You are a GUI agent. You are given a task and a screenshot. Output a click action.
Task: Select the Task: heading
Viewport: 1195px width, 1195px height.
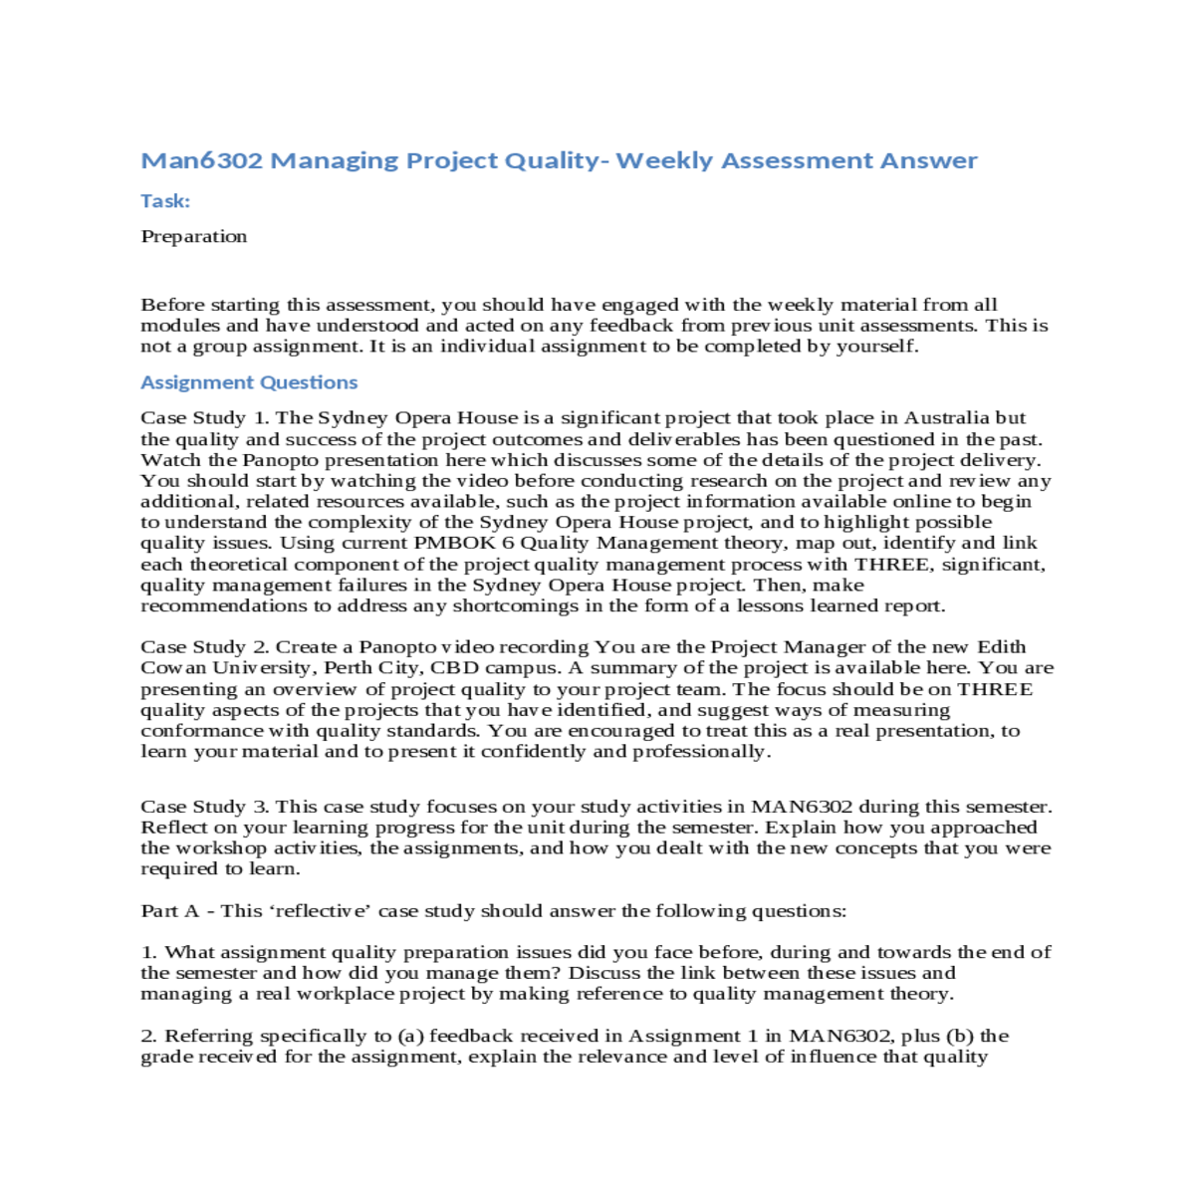point(165,201)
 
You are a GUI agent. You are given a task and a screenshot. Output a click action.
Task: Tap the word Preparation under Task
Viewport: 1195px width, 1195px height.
point(194,236)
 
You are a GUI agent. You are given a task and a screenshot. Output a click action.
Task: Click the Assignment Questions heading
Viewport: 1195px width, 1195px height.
point(249,382)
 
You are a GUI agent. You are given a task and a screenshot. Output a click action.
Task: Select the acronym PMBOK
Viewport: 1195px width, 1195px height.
point(456,543)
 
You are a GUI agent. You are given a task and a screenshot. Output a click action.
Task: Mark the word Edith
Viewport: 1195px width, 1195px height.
point(1001,647)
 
